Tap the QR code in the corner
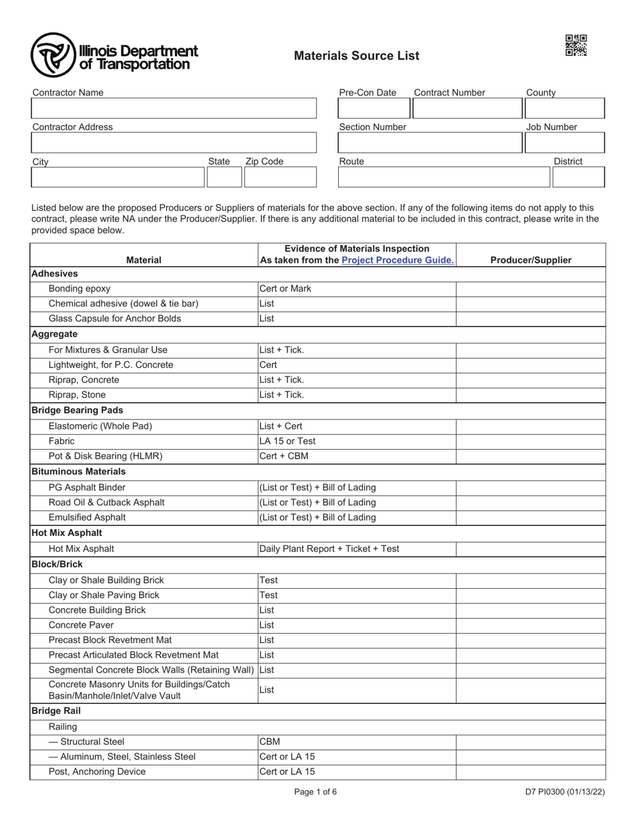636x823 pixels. tap(576, 45)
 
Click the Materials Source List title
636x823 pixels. tap(356, 56)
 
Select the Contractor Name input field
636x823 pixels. tap(173, 108)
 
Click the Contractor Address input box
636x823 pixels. tap(173, 143)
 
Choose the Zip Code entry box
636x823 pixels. tap(279, 177)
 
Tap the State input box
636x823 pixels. tap(224, 177)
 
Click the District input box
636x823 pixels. tap(578, 177)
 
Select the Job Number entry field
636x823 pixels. tap(564, 143)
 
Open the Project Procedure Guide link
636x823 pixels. tap(398, 260)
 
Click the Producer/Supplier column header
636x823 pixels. tap(531, 260)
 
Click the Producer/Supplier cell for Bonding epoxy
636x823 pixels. tap(531, 289)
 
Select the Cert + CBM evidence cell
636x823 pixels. tap(357, 456)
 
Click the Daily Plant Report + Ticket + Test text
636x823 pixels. tap(329, 549)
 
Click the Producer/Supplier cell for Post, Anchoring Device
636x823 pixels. tap(531, 771)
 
